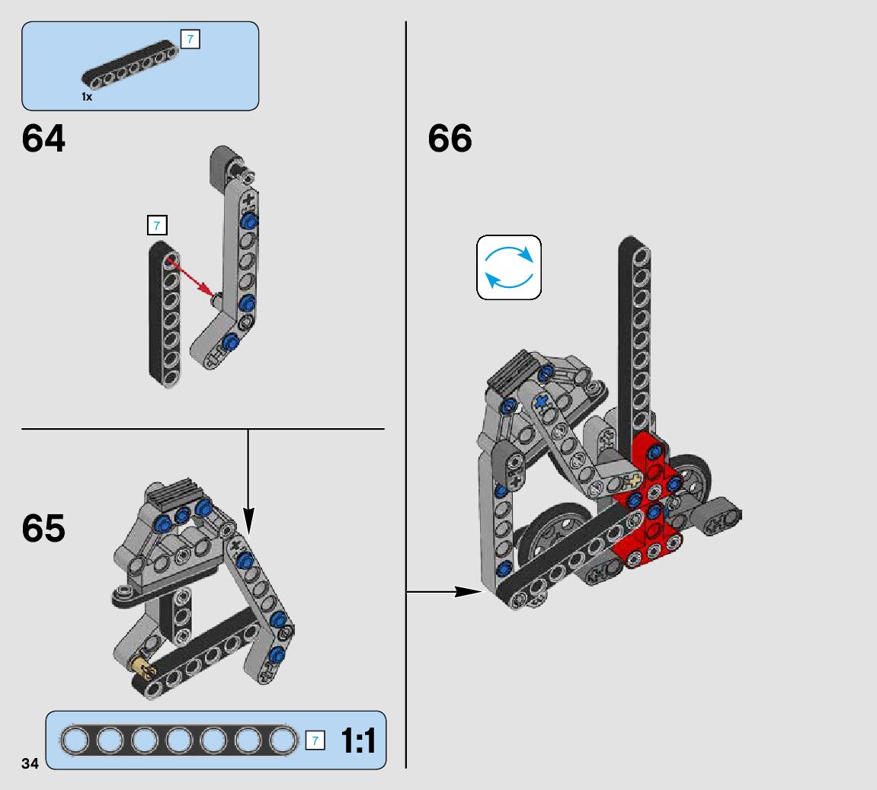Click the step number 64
(x=43, y=139)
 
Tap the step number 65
(x=43, y=528)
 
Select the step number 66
(x=450, y=139)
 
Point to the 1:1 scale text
(x=358, y=741)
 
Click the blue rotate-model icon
(x=509, y=267)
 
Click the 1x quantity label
(x=87, y=98)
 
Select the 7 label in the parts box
(x=190, y=40)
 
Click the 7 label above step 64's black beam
(x=156, y=225)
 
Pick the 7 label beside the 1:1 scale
(x=315, y=740)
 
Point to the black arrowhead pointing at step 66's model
(x=468, y=591)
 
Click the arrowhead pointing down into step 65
(x=248, y=520)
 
